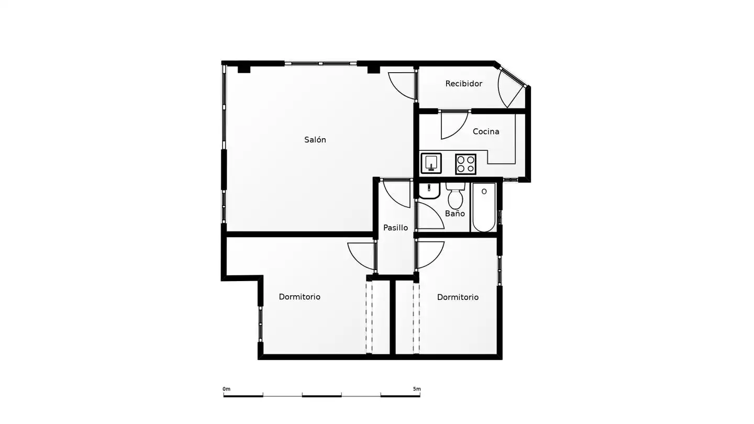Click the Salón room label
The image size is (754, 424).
[x=315, y=140]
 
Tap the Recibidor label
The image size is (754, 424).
[x=463, y=83]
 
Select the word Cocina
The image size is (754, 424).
[x=486, y=131]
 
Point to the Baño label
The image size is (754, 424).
[x=454, y=214]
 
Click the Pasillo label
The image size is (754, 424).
[x=395, y=228]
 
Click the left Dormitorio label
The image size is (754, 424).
[x=300, y=297]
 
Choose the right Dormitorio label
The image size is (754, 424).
[x=458, y=297]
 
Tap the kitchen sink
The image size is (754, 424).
[x=431, y=163]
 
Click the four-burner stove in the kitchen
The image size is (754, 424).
[x=465, y=164]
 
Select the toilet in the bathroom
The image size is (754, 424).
[x=456, y=196]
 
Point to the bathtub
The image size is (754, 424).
[x=484, y=207]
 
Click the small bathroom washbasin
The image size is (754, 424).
[x=429, y=191]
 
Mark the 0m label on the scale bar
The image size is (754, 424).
[x=227, y=389]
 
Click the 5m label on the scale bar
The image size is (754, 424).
[x=417, y=389]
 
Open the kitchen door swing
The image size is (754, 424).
[x=454, y=125]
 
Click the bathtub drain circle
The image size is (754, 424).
[x=484, y=192]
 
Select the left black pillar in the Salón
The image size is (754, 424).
[x=244, y=69]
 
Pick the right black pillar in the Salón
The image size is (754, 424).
[x=374, y=70]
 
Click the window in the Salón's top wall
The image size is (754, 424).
[x=320, y=63]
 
